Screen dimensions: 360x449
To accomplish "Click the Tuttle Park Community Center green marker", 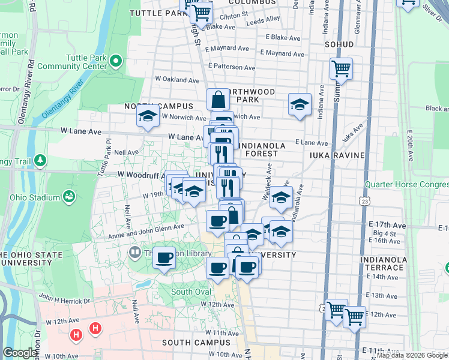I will (x=116, y=61).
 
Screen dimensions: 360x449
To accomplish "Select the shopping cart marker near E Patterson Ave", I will (x=341, y=70).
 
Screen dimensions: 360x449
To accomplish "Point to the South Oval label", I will (x=191, y=292).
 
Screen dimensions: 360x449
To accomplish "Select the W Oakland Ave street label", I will (x=177, y=80).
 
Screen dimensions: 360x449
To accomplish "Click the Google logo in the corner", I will (x=20, y=353).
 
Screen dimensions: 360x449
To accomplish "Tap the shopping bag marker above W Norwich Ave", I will (x=218, y=100).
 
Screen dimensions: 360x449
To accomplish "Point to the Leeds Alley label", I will (x=264, y=19).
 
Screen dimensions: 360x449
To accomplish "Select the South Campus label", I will (x=196, y=343).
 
